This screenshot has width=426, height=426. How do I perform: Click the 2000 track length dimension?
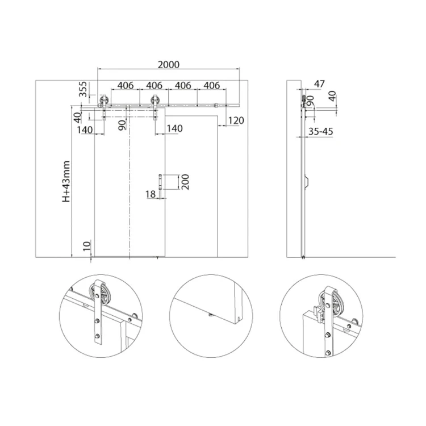(x=169, y=65)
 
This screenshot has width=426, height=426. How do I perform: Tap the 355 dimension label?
(x=82, y=89)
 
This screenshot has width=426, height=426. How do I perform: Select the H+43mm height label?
(x=66, y=182)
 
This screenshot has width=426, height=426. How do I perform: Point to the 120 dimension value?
(x=236, y=120)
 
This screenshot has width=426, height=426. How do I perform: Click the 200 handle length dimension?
(x=185, y=182)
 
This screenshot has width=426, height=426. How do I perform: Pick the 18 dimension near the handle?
(x=151, y=194)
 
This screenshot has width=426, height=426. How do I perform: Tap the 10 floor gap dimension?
(x=87, y=246)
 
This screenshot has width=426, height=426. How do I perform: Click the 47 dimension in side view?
(x=319, y=83)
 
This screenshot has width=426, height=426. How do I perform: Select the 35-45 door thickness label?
(x=320, y=132)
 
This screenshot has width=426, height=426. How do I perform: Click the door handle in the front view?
(x=160, y=182)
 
